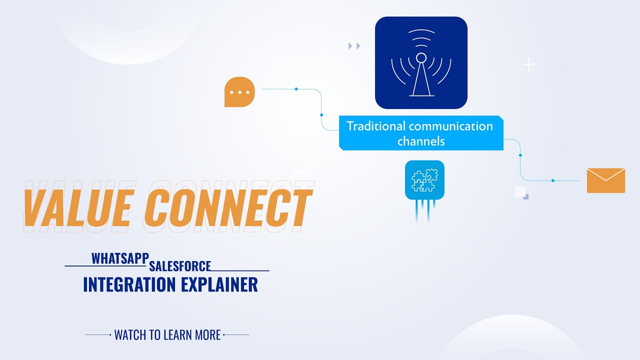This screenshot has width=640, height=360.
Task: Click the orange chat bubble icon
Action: (x=239, y=92)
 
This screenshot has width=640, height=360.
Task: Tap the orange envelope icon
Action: (x=605, y=180)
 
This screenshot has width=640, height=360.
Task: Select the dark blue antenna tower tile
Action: (x=421, y=63)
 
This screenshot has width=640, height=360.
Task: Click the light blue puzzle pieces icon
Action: (x=424, y=180)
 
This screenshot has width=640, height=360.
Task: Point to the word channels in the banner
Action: (x=421, y=141)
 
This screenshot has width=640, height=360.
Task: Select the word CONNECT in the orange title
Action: (x=227, y=206)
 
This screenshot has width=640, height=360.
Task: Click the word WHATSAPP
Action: (x=120, y=258)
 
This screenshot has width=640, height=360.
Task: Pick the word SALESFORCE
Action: (x=180, y=266)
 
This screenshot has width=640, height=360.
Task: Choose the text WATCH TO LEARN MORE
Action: (x=167, y=335)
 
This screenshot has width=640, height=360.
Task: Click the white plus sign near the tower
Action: (x=528, y=64)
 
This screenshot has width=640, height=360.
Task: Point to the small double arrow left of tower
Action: (x=354, y=46)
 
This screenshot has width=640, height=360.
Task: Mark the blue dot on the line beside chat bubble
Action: (x=296, y=89)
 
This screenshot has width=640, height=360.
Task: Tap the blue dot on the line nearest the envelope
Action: (x=552, y=180)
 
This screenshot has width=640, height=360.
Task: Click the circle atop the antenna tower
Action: (x=421, y=57)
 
